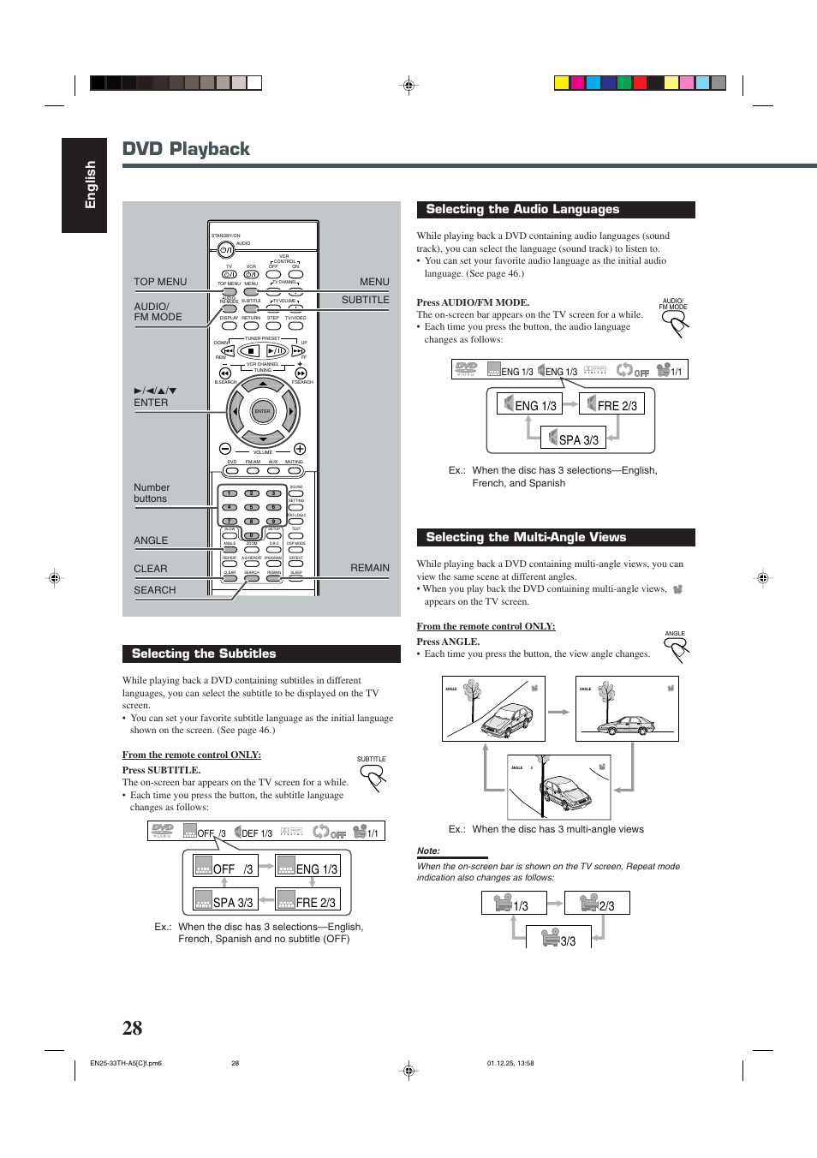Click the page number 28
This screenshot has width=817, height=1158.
pos(132,1028)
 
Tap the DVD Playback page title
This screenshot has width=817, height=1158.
pos(186,149)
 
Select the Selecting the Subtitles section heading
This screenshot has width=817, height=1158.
pos(204,654)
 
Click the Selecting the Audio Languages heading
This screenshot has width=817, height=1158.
pos(522,209)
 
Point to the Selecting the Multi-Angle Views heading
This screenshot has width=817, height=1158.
pos(526,537)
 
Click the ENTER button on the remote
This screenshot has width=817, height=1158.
pos(262,411)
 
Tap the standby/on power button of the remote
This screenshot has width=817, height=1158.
pos(225,250)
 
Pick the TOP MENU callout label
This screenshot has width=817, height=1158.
pos(160,282)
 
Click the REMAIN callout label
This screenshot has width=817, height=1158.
pos(369,568)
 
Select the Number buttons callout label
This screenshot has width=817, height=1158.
pos(152,492)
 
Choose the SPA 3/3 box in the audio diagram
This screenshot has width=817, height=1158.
pos(573,439)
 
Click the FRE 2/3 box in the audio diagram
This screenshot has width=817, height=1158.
pos(611,404)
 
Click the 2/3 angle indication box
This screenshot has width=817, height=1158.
pos(597,904)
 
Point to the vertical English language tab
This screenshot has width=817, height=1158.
pos(85,185)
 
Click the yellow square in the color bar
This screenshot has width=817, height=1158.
pos(562,83)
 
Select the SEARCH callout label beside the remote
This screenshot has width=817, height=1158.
pos(154,590)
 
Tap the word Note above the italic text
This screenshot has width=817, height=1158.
pos(428,851)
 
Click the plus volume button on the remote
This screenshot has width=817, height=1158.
pos(300,449)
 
